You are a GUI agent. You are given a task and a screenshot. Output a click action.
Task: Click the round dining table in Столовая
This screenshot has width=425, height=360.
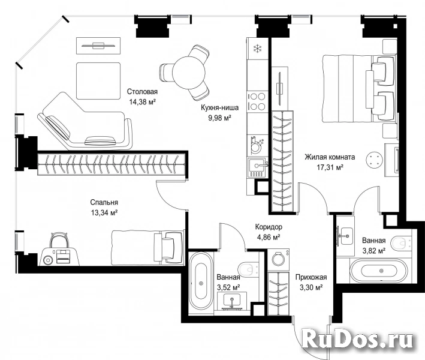(x=189, y=72)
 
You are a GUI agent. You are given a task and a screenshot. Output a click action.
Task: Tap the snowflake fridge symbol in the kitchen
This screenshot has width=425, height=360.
(x=257, y=49)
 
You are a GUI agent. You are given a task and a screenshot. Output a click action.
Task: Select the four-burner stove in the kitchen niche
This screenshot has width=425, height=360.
(x=257, y=101)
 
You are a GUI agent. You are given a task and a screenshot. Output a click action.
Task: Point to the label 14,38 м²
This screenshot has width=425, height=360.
(x=142, y=102)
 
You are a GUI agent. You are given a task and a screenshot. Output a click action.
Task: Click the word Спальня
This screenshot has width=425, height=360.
(x=104, y=202)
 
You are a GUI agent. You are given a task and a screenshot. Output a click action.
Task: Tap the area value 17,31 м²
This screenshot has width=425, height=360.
(x=330, y=167)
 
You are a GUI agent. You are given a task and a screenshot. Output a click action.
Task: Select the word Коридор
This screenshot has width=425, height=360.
(x=269, y=227)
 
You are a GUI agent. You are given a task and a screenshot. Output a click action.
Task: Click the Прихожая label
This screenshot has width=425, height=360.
(x=311, y=277)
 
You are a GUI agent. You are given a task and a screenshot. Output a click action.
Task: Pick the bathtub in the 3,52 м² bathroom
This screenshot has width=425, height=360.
(x=201, y=283)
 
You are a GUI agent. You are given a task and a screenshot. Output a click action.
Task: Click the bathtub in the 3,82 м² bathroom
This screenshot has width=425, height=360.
(x=379, y=271)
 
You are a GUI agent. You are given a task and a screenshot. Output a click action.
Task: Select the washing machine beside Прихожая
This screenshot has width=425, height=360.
(x=279, y=259)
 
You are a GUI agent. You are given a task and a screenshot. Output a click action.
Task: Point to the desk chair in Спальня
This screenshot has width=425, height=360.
(x=59, y=240)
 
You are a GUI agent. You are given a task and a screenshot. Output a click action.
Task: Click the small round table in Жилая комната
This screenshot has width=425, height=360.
(x=374, y=159)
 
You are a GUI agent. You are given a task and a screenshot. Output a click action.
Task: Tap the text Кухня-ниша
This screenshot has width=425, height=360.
(x=219, y=108)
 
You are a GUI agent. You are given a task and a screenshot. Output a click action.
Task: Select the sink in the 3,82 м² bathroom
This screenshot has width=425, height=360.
(x=345, y=235)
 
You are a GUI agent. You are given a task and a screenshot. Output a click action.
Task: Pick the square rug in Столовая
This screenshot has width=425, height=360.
(x=98, y=81)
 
